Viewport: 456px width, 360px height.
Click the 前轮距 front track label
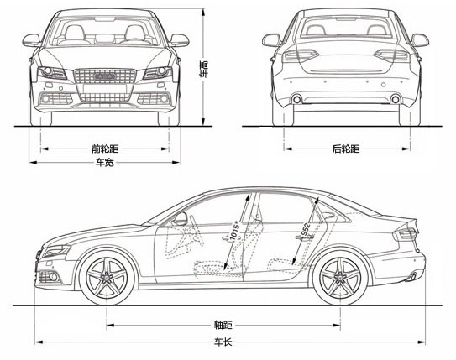(105, 149)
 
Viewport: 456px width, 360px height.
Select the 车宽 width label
(105, 162)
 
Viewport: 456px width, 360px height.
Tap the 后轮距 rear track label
(346, 149)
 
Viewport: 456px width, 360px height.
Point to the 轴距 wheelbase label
(223, 325)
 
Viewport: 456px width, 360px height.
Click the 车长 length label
(223, 342)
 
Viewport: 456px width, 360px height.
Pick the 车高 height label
(204, 69)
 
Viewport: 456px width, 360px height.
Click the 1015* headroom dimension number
(234, 231)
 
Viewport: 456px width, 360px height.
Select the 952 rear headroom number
(304, 230)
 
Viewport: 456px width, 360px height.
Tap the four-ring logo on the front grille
(105, 76)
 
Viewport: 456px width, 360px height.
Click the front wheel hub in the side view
(107, 278)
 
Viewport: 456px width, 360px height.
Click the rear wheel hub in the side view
(339, 278)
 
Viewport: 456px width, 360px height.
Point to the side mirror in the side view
(181, 218)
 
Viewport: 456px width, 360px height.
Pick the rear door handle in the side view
(305, 237)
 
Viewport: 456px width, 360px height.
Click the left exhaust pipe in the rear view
(297, 99)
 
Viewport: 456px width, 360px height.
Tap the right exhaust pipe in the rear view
(396, 99)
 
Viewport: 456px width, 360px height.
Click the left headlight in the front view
(52, 73)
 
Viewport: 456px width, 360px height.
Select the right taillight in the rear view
(391, 55)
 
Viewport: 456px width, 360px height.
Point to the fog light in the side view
(49, 277)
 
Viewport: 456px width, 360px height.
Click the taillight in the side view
(406, 233)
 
